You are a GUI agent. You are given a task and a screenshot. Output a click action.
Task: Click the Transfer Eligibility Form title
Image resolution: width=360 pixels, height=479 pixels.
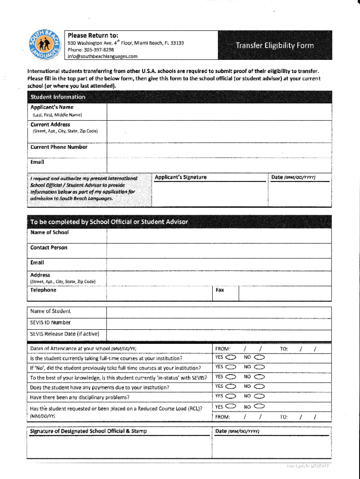(274, 46)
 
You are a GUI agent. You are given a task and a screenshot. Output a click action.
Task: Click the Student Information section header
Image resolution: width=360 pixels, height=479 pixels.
(58, 97)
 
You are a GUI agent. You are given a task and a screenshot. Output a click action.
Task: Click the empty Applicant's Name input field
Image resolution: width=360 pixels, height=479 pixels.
(218, 111)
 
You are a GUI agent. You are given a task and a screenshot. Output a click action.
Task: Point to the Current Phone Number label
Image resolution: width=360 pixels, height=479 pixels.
(59, 147)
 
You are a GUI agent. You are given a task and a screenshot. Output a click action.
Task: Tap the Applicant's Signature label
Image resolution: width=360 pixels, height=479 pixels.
(180, 177)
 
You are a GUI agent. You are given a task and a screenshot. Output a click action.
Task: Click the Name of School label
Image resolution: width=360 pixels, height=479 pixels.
(50, 232)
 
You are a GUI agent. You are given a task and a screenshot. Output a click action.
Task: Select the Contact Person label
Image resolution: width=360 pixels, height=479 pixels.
(49, 247)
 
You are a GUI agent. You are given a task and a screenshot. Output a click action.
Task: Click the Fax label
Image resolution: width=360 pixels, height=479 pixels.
(220, 290)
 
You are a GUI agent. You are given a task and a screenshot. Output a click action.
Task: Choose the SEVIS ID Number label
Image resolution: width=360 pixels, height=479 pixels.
(50, 322)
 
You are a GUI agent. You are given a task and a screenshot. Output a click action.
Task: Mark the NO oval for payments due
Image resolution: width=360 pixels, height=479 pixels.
(259, 387)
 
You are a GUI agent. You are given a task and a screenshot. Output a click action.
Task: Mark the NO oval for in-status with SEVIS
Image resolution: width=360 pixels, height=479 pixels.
(259, 377)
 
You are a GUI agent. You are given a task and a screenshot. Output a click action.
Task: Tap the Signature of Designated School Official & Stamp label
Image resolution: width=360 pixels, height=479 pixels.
(89, 431)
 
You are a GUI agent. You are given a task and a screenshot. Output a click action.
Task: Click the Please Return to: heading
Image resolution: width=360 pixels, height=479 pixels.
(93, 36)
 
